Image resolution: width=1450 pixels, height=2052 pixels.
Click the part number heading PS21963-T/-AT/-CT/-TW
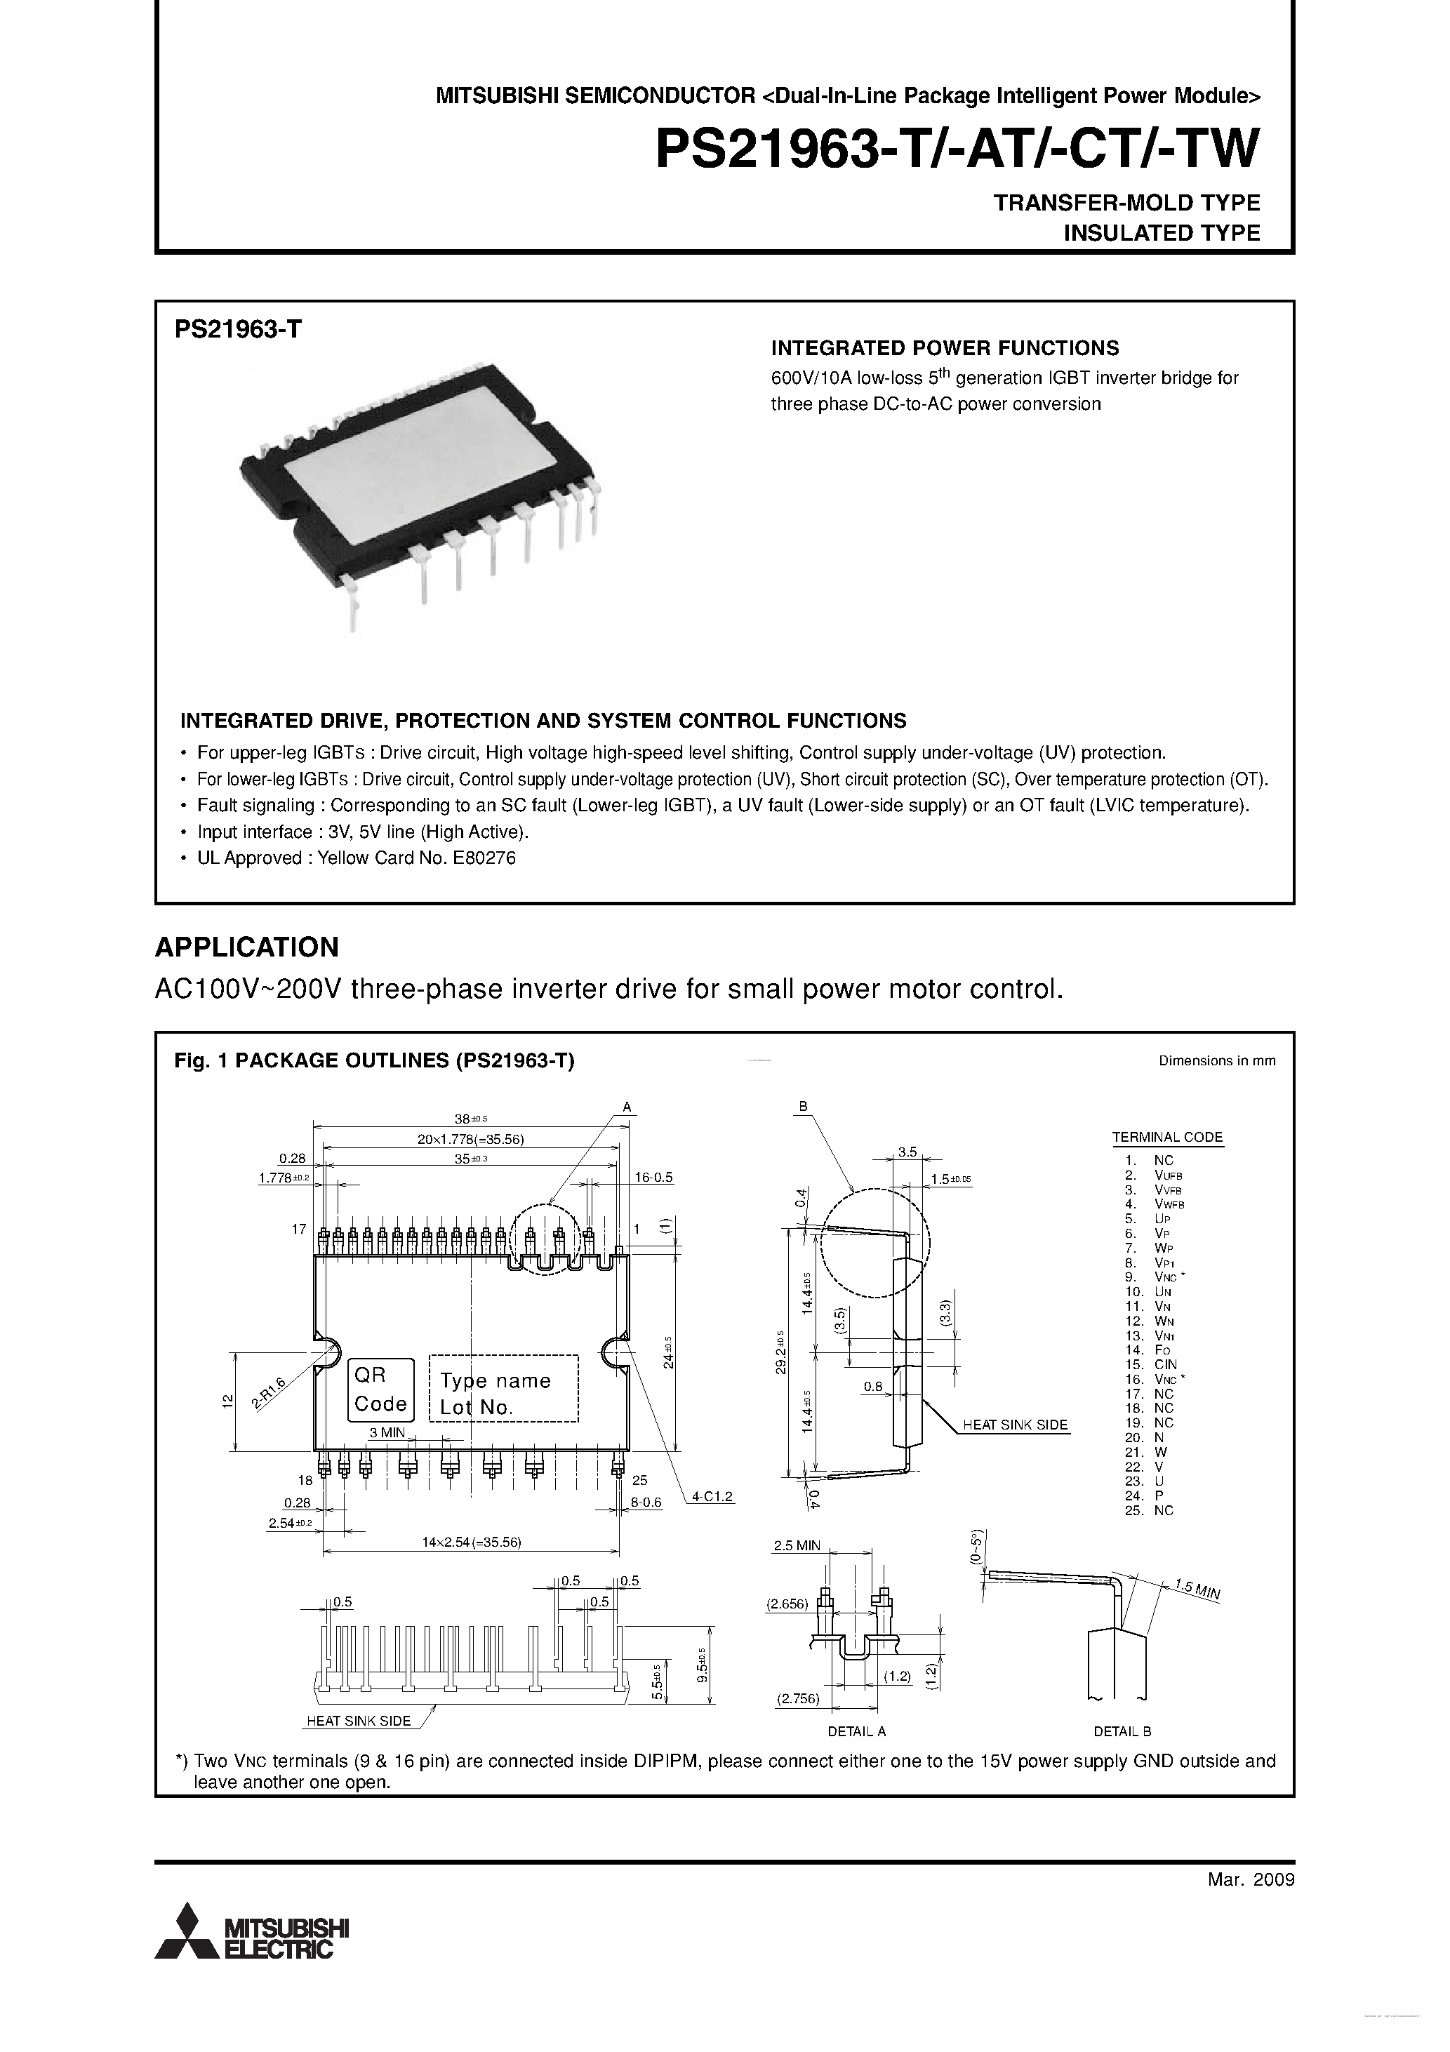[957, 149]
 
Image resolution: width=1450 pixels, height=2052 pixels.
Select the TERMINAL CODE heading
[1166, 1137]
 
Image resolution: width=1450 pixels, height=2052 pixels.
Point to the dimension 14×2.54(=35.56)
[471, 1542]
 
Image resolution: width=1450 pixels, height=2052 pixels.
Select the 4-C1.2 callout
[712, 1495]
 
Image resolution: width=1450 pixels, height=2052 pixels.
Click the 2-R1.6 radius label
[268, 1394]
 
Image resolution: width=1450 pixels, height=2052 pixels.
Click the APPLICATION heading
[247, 947]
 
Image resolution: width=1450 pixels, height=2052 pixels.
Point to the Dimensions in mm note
[1217, 1061]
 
